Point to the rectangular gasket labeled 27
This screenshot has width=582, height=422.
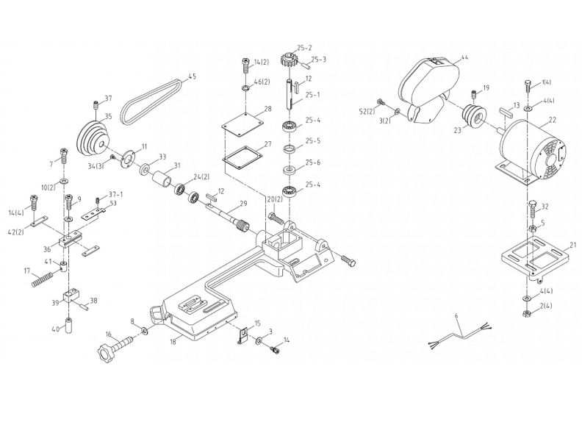[x=242, y=159]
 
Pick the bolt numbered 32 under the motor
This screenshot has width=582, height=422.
[x=531, y=210]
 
